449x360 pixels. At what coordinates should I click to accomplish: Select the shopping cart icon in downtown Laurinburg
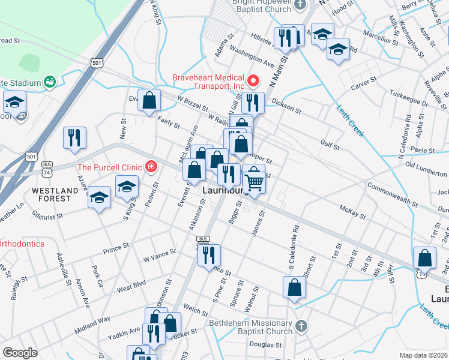[255, 179]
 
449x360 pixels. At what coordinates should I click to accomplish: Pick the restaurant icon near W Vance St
[209, 254]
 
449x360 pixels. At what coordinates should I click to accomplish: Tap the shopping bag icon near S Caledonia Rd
[295, 287]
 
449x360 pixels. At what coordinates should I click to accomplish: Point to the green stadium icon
[49, 82]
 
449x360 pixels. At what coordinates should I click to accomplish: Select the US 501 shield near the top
[97, 62]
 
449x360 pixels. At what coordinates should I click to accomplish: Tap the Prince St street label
[116, 247]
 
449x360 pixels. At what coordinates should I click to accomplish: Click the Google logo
[20, 353]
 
